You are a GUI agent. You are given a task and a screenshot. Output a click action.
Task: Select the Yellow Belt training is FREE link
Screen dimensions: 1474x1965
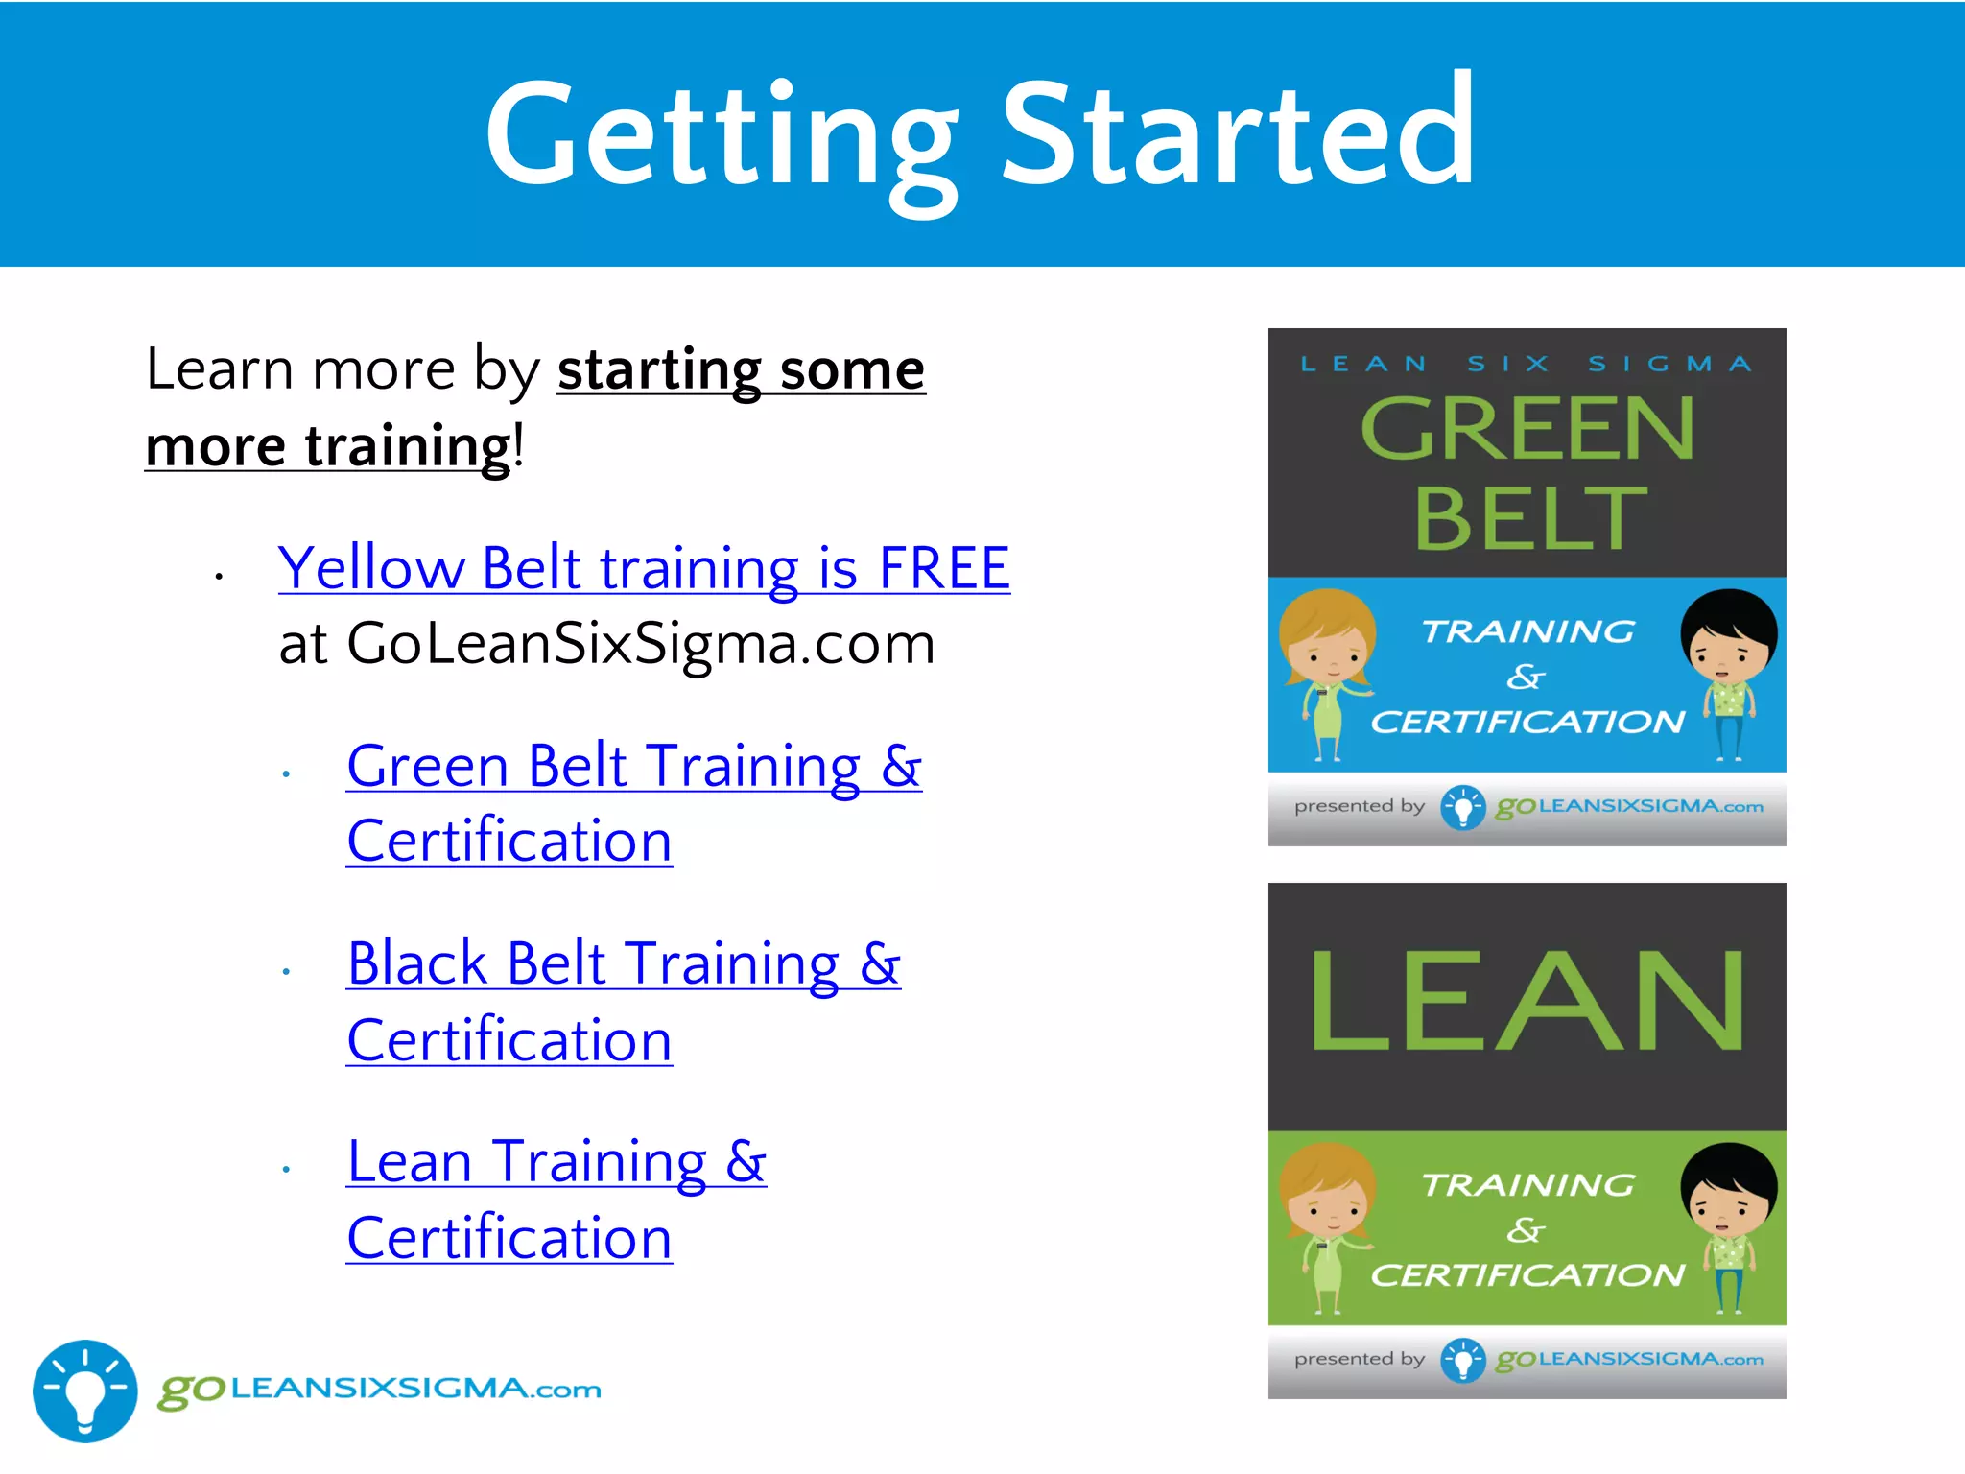coord(643,567)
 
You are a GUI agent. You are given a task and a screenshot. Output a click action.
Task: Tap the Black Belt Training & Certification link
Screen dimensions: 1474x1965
coord(624,963)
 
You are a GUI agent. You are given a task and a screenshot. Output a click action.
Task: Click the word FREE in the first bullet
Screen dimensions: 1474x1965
coord(944,567)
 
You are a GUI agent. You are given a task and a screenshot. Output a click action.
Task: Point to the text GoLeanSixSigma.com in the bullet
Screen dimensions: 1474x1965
coord(640,643)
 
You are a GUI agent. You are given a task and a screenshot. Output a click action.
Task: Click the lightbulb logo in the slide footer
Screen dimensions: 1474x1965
coord(85,1391)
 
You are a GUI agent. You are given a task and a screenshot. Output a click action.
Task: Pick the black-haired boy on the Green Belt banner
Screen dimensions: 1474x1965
coord(1728,672)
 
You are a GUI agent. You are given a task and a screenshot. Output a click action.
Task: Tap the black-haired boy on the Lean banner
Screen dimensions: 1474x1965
coord(1728,1225)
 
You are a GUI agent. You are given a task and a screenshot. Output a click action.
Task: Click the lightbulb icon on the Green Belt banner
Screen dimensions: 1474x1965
coord(1462,807)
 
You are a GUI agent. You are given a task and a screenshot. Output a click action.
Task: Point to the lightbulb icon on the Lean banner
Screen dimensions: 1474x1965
coord(1462,1360)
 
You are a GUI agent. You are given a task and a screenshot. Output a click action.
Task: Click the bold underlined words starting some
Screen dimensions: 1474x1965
coord(741,369)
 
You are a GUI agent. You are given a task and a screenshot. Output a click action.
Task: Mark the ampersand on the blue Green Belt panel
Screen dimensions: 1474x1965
coord(1526,677)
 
